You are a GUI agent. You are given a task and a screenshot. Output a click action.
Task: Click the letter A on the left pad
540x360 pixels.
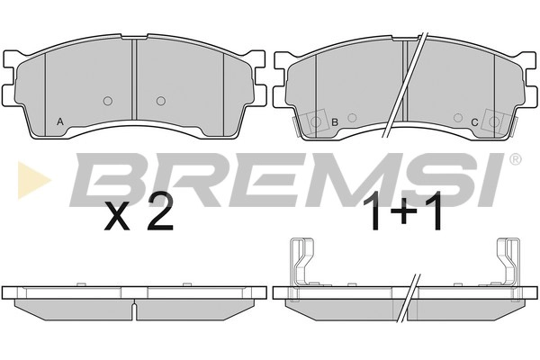click(60, 121)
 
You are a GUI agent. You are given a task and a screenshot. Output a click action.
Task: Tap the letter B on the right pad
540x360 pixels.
click(335, 122)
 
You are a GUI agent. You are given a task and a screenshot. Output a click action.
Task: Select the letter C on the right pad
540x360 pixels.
click(474, 122)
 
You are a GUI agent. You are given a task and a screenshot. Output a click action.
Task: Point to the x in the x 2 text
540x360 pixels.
click(117, 217)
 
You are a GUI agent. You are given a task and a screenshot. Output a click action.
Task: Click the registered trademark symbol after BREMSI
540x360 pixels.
click(515, 159)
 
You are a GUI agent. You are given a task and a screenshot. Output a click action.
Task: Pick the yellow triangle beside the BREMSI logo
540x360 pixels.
click(33, 179)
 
